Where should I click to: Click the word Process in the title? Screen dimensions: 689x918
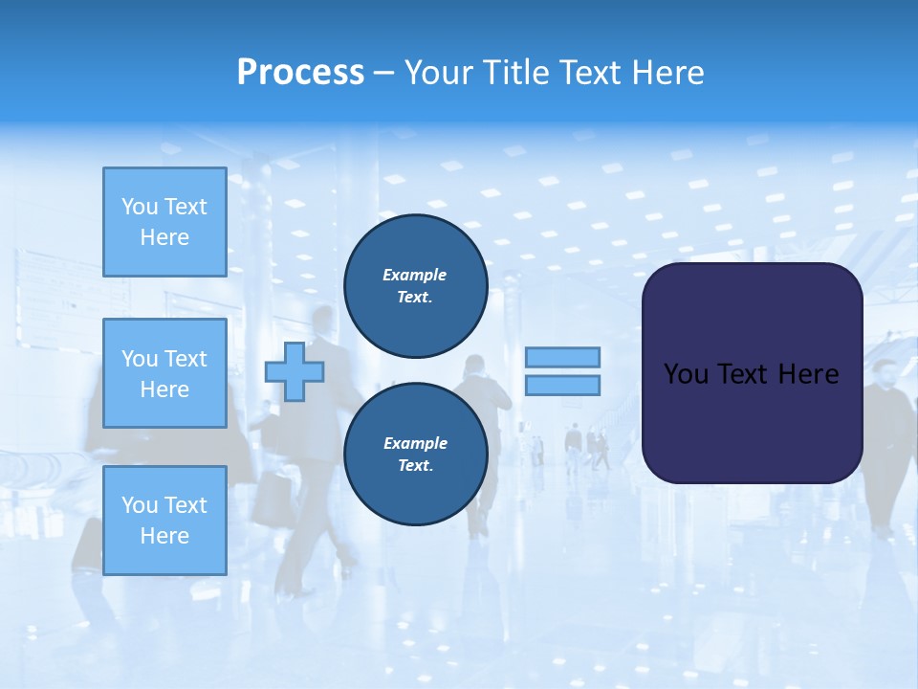[300, 73]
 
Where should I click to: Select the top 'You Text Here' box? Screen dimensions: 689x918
[164, 222]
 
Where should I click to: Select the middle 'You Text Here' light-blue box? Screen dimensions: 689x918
[164, 373]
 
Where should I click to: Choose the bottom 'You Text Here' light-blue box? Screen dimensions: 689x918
[164, 520]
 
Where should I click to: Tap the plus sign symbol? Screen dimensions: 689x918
[295, 371]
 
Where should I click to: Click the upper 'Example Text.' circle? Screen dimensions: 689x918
[415, 285]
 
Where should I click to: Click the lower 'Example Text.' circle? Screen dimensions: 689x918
[415, 454]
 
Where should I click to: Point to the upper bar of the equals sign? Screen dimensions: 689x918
[562, 357]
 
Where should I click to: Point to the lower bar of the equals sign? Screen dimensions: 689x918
[562, 385]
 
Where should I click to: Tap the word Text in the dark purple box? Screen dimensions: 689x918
[751, 373]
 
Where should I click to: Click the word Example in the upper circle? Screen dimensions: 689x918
[414, 275]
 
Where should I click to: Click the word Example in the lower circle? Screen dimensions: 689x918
[415, 443]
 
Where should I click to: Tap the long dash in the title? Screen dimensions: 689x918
[383, 73]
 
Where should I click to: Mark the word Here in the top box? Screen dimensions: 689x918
[164, 237]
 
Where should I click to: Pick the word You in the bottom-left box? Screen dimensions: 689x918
[139, 504]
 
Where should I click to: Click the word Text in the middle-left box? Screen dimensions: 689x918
[185, 359]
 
